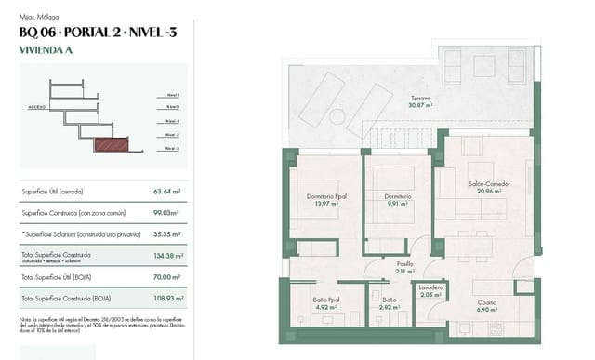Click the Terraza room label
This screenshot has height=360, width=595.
click(421, 98)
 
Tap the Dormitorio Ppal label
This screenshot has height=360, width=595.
click(326, 196)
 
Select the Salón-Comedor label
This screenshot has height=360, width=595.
click(485, 183)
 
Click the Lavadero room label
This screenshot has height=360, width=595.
click(430, 287)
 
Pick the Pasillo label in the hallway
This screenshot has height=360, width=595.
click(404, 263)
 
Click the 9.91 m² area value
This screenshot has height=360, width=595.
click(397, 204)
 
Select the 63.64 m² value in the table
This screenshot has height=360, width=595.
click(167, 192)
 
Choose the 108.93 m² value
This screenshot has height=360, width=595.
click(167, 298)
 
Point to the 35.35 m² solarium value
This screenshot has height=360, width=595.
click(167, 234)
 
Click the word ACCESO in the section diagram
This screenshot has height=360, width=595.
click(37, 107)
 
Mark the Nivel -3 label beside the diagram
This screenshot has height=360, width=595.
click(173, 149)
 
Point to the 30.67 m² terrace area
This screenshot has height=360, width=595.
click(421, 105)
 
